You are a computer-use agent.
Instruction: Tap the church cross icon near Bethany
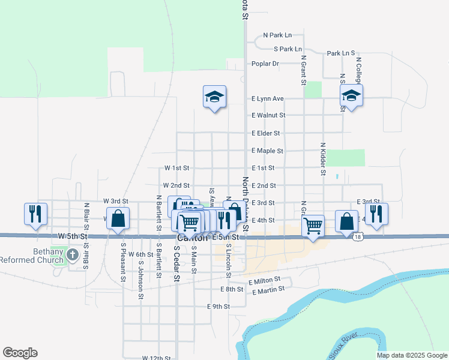click(x=72, y=255)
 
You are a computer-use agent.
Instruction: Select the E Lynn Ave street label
click(x=267, y=98)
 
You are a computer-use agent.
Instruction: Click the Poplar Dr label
click(x=265, y=64)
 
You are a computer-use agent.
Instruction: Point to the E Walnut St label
click(x=268, y=115)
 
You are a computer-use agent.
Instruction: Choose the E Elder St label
click(x=266, y=133)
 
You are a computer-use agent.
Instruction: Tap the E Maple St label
click(x=267, y=151)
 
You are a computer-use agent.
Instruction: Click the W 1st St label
click(x=176, y=168)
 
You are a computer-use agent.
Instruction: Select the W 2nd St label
click(x=176, y=186)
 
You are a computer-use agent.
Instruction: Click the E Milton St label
click(x=264, y=280)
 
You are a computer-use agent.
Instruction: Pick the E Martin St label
click(x=268, y=292)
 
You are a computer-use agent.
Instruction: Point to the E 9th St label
click(x=218, y=307)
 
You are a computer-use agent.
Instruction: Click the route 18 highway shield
click(x=358, y=237)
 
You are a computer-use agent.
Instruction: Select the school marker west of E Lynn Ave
click(x=214, y=97)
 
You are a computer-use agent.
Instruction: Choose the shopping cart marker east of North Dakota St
click(x=313, y=226)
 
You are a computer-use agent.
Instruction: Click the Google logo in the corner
click(x=20, y=353)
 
